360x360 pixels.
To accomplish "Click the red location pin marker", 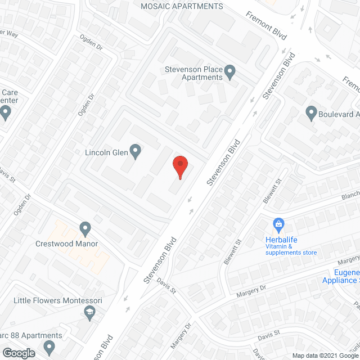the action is click(179, 166).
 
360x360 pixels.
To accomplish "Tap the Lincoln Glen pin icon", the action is click(135, 150).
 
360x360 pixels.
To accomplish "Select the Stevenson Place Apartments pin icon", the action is click(229, 71).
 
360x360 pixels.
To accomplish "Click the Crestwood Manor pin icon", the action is click(85, 229).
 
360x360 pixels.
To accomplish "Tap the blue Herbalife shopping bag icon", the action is click(278, 224).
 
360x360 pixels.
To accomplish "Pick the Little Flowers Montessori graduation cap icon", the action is click(88, 312).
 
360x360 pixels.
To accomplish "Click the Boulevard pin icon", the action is click(311, 114).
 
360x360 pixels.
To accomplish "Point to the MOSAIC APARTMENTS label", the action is click(181, 7).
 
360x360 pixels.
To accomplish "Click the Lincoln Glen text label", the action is click(105, 152).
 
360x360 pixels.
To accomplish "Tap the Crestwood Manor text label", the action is click(67, 244).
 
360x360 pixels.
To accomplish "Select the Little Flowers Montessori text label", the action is click(59, 301).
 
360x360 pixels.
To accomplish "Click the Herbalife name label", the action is click(281, 240).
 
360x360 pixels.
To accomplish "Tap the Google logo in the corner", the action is click(18, 353).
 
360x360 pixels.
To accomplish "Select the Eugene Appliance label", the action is click(341, 276).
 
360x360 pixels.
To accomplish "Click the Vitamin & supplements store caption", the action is click(291, 249).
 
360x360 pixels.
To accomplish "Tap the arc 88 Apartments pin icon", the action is click(49, 346).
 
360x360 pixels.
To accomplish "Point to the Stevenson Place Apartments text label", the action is click(193, 73).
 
